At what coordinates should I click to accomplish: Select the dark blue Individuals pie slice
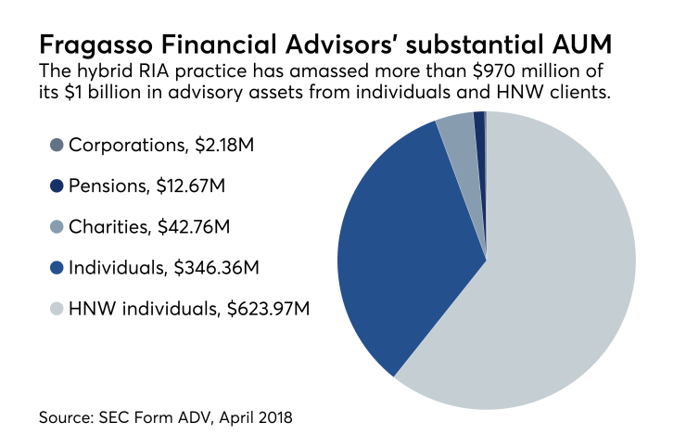coord(399,250)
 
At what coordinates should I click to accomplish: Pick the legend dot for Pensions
coord(57,185)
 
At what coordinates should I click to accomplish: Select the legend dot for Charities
coord(57,227)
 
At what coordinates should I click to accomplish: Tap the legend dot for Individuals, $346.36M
coord(57,268)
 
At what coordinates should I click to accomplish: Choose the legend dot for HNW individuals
coord(57,309)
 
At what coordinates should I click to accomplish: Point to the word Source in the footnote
coord(65,417)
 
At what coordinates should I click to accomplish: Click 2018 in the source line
coord(273,417)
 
